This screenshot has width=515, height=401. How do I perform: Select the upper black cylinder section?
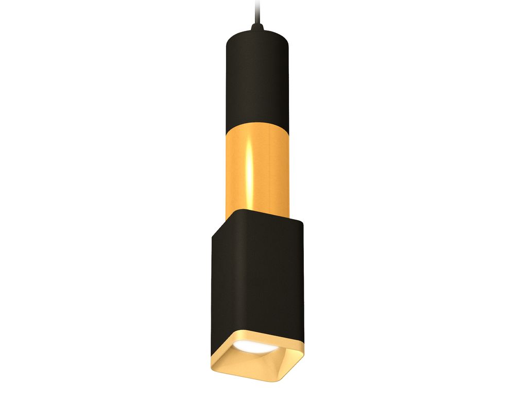click(x=256, y=77)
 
